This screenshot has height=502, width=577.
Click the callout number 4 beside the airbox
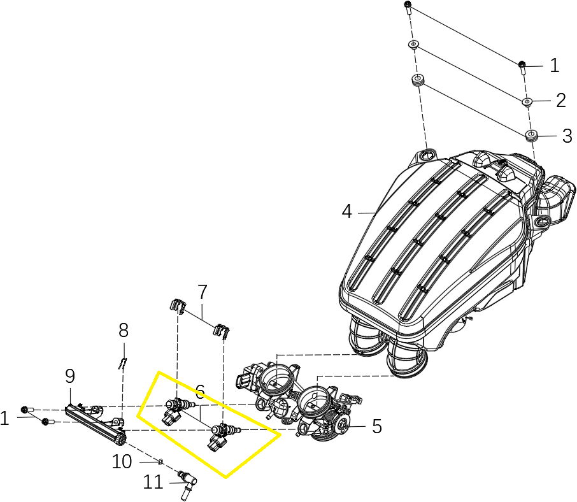pos(346,212)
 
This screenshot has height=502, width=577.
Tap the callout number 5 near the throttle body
pos(377,426)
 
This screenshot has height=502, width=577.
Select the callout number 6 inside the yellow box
pos(200,392)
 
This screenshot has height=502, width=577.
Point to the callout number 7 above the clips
pos(203,292)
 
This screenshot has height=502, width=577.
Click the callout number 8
pos(124,330)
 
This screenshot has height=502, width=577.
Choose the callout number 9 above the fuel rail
pos(70,376)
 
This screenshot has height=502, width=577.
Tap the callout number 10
pos(122,461)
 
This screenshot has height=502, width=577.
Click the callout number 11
pos(153,482)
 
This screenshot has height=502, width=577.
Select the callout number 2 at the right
pos(561,101)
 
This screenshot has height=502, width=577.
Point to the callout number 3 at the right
pos(567,136)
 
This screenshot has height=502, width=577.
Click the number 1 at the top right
pos(555,65)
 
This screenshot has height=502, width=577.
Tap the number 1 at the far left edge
pos(4,419)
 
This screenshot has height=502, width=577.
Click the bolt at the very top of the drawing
pos(408,8)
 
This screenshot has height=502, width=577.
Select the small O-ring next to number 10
pos(160,461)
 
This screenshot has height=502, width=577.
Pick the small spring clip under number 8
pos(123,364)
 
